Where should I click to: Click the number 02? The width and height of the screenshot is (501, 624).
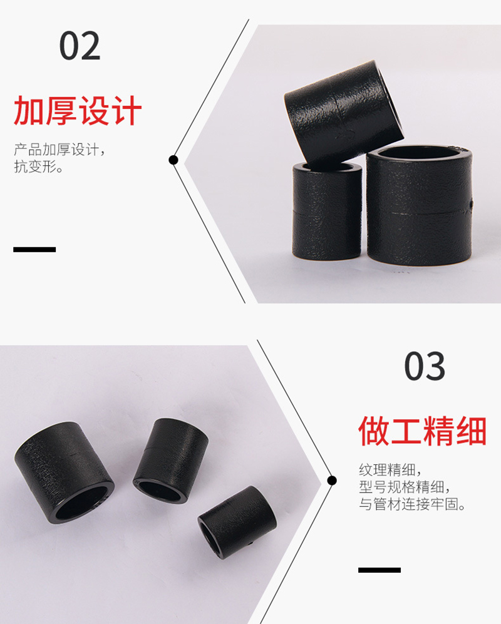80,46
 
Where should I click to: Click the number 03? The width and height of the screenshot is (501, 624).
425,366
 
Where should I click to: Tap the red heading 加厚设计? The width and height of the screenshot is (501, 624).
78,111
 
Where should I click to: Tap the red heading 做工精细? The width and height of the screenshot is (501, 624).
423,431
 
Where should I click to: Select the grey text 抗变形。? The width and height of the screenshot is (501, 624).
39,166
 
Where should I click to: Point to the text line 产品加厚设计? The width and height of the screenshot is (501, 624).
59,150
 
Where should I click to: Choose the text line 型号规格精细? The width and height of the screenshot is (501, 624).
405,487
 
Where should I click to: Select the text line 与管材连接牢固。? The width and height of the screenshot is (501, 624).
412,504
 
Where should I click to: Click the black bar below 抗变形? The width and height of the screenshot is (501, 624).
34,250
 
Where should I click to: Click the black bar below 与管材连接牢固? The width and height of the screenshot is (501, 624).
380,570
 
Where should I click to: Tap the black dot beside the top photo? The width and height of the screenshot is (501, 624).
173,160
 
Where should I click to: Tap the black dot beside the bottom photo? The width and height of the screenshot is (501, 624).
332,481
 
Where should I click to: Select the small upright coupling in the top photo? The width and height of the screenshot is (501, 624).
327,211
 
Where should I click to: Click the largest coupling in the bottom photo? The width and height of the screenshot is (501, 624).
65,473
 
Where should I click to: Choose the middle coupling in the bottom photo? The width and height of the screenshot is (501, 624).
171,461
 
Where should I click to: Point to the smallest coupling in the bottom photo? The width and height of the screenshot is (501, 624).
237,522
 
